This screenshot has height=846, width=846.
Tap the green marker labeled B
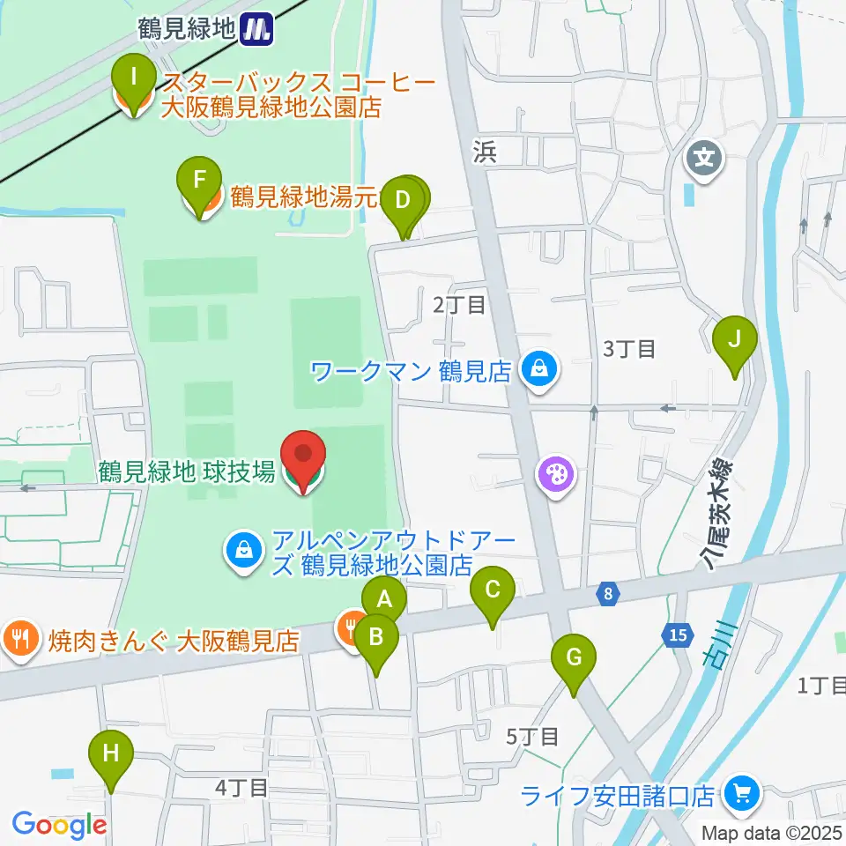pyautogui.click(x=375, y=635)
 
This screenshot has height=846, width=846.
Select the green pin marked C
pyautogui.click(x=493, y=589)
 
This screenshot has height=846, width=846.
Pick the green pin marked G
pyautogui.click(x=574, y=657)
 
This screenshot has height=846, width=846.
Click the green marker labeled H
pyautogui.click(x=111, y=754)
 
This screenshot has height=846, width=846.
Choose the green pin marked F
pyautogui.click(x=200, y=180)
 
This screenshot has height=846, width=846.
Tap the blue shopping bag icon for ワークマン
pyautogui.click(x=538, y=368)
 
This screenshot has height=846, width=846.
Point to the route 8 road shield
pyautogui.click(x=608, y=595)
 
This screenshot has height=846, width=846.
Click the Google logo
pyautogui.click(x=59, y=824)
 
